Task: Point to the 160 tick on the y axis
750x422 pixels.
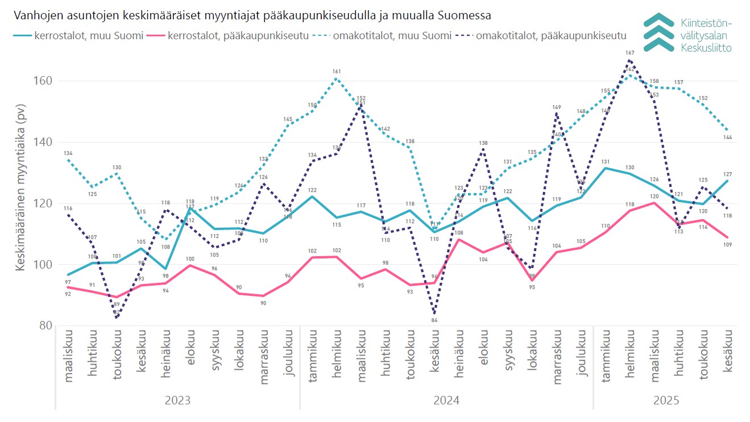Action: (x=42, y=81)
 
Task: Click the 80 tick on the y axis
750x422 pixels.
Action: (x=45, y=326)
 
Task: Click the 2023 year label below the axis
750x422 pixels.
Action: (x=177, y=400)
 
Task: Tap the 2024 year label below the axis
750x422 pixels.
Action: (x=446, y=400)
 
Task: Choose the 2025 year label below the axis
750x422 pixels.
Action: (x=666, y=400)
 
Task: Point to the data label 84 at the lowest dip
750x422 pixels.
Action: (x=434, y=320)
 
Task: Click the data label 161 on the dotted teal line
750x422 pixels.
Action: (x=337, y=72)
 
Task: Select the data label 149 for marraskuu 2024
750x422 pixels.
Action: (x=557, y=107)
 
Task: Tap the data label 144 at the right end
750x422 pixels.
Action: (x=727, y=137)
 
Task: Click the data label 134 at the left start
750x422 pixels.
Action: (x=68, y=153)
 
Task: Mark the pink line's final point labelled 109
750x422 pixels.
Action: (x=727, y=245)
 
